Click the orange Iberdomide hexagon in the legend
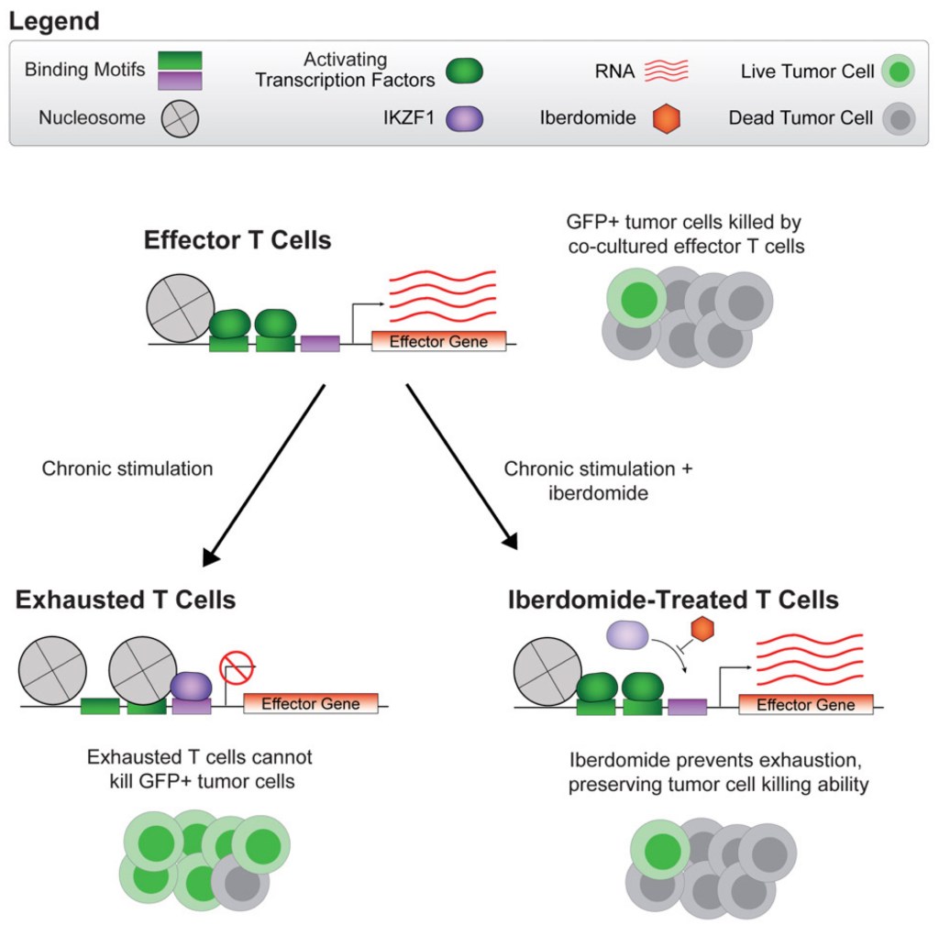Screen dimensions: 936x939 [666, 118]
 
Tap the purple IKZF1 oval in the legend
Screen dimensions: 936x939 [464, 118]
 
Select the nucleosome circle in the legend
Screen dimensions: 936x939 [180, 118]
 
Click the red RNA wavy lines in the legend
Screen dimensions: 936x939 [666, 71]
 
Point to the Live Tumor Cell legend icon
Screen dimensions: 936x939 [900, 71]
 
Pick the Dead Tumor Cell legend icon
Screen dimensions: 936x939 [900, 118]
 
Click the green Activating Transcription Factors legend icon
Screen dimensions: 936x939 [464, 71]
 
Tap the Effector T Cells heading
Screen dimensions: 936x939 [238, 241]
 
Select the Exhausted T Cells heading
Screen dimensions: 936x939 [126, 600]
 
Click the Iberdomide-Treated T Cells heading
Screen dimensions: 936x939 [673, 600]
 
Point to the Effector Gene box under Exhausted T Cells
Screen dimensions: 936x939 [311, 704]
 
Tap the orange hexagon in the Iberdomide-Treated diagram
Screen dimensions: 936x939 [702, 630]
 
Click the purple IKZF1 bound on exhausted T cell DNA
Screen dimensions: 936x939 [191, 685]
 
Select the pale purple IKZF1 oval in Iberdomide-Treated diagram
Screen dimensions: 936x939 [629, 633]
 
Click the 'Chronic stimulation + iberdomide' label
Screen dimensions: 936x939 [599, 480]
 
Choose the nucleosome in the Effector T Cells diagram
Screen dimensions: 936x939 [181, 308]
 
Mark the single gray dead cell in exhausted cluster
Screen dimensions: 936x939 [240, 882]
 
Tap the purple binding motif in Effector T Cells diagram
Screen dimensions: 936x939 [320, 344]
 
